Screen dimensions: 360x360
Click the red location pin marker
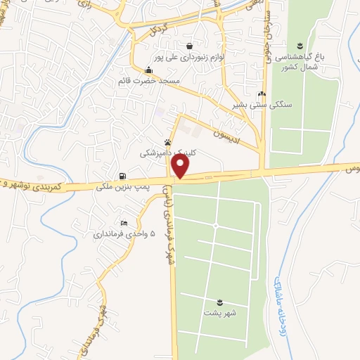181,167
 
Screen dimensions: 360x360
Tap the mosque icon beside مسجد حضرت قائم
148,70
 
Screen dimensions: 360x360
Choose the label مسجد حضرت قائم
148,82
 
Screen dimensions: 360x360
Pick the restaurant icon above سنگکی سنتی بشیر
262,94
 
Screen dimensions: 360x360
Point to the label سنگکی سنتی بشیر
262,105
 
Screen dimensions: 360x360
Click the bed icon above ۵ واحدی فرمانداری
124,223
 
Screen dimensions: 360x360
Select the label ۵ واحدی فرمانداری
124,234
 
